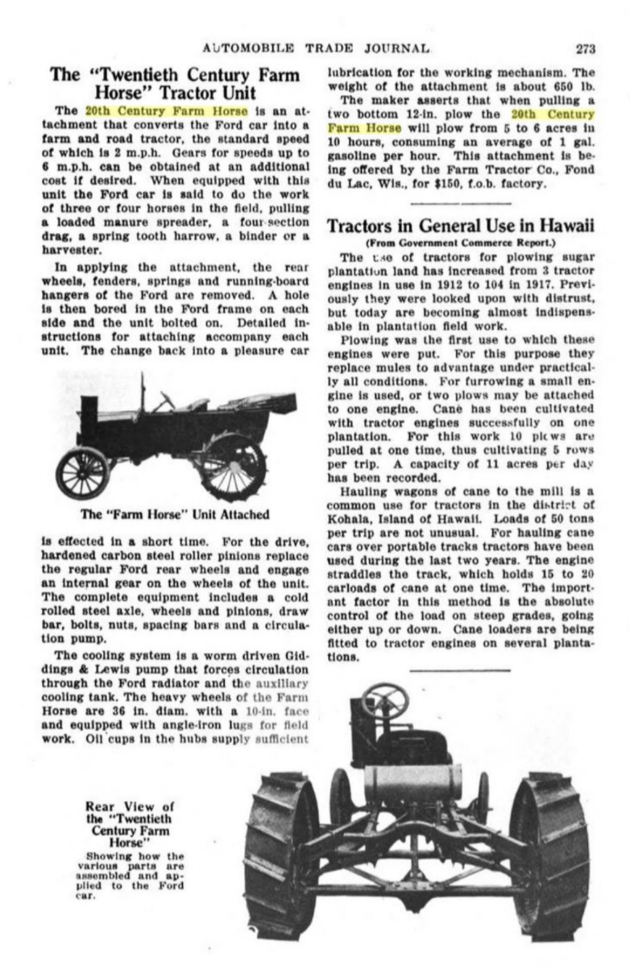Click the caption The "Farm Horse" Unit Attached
(x=175, y=513)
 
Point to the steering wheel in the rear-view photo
(x=384, y=698)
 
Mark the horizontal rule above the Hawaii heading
(x=460, y=203)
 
